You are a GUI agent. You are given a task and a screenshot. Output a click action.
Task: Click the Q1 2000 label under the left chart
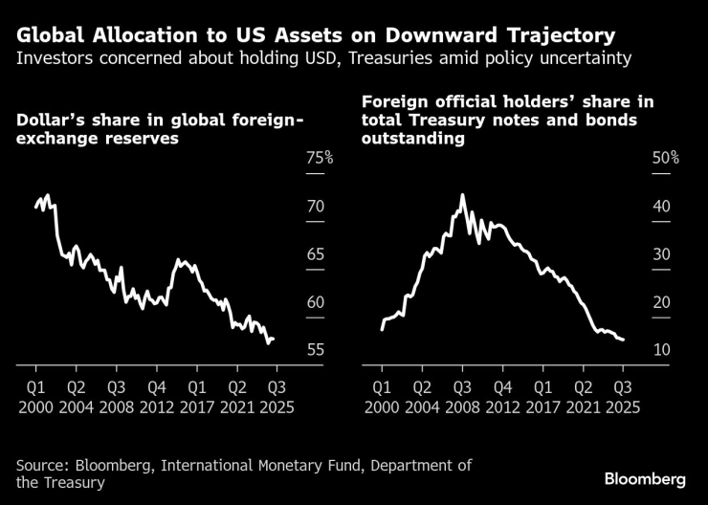tap(35, 396)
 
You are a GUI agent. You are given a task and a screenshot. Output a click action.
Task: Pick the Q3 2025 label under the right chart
tap(622, 396)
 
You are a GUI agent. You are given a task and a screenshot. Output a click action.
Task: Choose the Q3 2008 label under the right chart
tap(461, 396)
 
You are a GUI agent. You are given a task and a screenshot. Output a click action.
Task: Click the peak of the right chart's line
tap(462, 195)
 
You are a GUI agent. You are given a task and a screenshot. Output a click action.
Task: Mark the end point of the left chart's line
tap(275, 339)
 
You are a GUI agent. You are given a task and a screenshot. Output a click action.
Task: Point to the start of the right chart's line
tap(381, 329)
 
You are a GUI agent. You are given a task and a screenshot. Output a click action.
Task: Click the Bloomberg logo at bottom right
tap(647, 476)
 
